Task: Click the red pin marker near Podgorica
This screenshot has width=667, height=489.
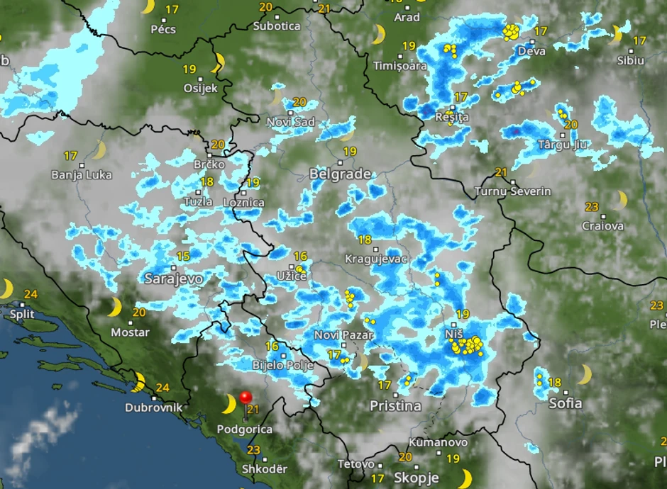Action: [246, 398]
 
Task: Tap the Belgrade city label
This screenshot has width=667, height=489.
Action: [340, 174]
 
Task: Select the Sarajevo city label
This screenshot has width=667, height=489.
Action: [173, 279]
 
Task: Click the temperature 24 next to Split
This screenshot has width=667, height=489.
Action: [30, 294]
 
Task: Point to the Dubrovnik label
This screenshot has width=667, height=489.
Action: [153, 407]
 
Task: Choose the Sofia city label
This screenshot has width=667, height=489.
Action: [566, 403]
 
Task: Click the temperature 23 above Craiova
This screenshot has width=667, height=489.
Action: [592, 207]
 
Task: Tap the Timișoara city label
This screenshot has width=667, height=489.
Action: [402, 65]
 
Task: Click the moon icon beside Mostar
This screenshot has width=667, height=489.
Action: [114, 308]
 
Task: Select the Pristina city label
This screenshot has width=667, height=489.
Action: [395, 406]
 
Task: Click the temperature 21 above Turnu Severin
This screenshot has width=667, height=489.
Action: [501, 172]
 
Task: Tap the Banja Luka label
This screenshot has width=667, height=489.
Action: [82, 174]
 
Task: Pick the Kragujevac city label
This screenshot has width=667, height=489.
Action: [375, 259]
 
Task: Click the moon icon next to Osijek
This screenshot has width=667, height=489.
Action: [219, 62]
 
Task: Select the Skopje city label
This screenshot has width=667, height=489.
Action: [417, 477]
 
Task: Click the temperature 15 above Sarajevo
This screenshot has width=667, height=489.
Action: [183, 257]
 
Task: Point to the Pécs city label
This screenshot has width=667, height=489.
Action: [163, 29]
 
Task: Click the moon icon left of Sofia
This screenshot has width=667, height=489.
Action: [585, 374]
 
